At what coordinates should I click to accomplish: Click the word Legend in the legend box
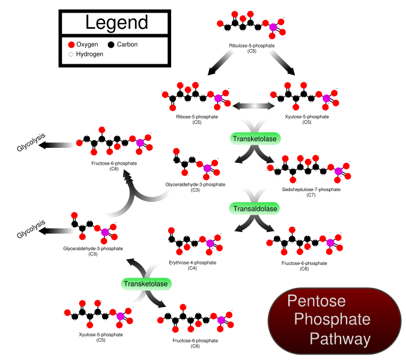click(116, 23)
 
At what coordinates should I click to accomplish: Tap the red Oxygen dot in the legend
click(71, 44)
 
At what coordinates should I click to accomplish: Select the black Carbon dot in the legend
click(111, 44)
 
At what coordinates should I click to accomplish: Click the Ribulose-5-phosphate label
click(252, 46)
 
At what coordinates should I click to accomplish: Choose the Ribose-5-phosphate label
click(196, 117)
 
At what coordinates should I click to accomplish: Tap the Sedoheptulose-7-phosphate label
click(311, 189)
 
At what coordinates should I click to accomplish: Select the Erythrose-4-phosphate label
click(192, 262)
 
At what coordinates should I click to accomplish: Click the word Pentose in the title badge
click(316, 301)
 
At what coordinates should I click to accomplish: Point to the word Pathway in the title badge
click(340, 339)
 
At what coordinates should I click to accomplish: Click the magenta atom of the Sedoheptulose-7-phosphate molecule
click(338, 172)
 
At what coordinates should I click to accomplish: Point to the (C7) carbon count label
click(311, 195)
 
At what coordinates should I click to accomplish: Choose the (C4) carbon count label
click(192, 268)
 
